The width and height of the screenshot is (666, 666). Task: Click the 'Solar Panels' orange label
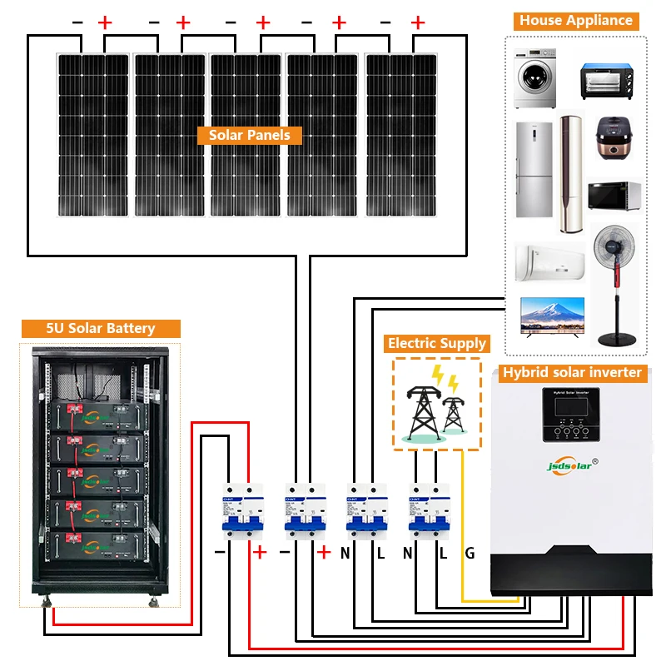(249, 135)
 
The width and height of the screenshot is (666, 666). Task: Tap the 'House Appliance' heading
(575, 21)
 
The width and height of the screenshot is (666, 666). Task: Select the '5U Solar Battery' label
(100, 328)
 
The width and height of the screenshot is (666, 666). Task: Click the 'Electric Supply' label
(436, 343)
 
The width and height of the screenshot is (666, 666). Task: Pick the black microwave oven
(614, 196)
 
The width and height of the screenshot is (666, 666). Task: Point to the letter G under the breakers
(470, 553)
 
